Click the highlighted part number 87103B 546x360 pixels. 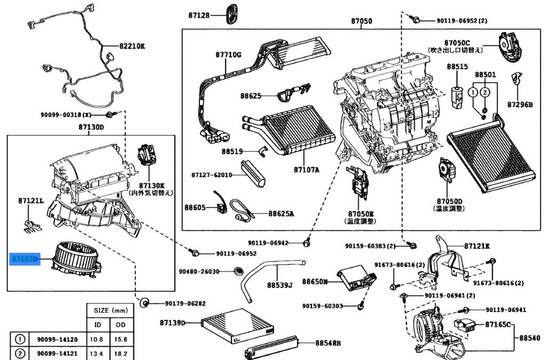pyautogui.click(x=25, y=259)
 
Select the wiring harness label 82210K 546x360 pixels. pyautogui.click(x=132, y=46)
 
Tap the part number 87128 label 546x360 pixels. pyautogui.click(x=199, y=15)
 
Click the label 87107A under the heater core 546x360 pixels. pyautogui.click(x=307, y=170)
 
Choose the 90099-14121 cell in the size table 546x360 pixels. pyautogui.click(x=57, y=353)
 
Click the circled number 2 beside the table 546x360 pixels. pyautogui.click(x=20, y=353)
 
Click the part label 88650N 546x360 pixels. pyautogui.click(x=315, y=281)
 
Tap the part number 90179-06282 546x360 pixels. pyautogui.click(x=185, y=303)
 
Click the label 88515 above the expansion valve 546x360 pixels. pyautogui.click(x=457, y=67)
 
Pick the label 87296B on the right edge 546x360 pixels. pyautogui.click(x=520, y=105)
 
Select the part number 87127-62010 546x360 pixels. pyautogui.click(x=212, y=175)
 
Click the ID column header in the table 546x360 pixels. pyautogui.click(x=98, y=325)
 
